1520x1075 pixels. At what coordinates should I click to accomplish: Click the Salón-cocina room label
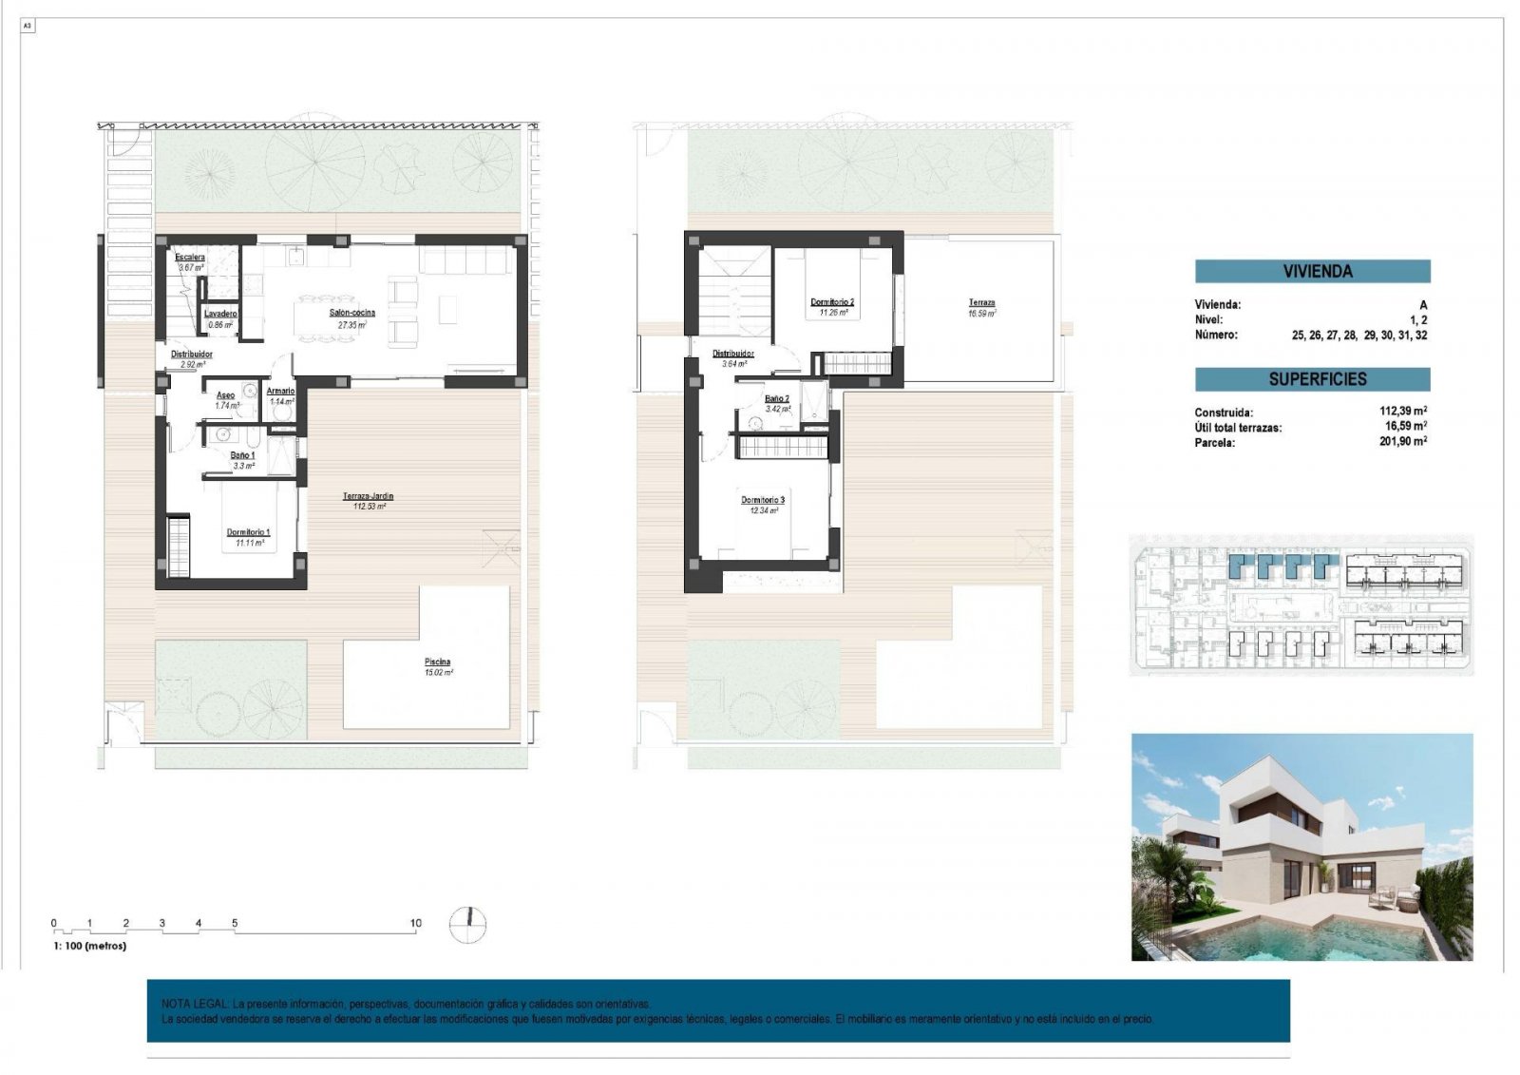[x=351, y=313]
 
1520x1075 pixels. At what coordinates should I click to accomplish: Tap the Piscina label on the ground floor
[x=437, y=662]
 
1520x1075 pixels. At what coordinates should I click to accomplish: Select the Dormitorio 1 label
[x=248, y=532]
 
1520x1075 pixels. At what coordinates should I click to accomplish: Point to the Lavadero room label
[x=220, y=314]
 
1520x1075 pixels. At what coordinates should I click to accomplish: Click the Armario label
[x=280, y=391]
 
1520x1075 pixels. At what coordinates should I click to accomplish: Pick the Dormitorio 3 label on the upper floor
[x=763, y=500]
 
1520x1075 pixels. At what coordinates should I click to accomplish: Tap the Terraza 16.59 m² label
[x=981, y=303]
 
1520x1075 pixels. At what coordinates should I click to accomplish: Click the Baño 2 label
[x=777, y=399]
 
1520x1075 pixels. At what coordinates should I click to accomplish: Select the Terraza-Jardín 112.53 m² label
[x=368, y=496]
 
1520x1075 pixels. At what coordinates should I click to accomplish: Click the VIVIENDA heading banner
[x=1312, y=271]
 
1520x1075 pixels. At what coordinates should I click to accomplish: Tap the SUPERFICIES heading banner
[x=1312, y=379]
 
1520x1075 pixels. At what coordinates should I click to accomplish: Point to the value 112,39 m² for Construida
[x=1402, y=412]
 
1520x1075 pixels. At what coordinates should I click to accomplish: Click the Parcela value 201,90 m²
[x=1402, y=441]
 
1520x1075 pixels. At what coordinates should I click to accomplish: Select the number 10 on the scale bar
[x=415, y=922]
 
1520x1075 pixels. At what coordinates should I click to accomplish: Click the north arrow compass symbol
[x=467, y=925]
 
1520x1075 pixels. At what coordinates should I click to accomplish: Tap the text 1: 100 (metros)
[x=89, y=946]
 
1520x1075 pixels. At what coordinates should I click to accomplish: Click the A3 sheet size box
[x=28, y=27]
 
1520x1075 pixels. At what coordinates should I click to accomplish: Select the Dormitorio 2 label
[x=831, y=302]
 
